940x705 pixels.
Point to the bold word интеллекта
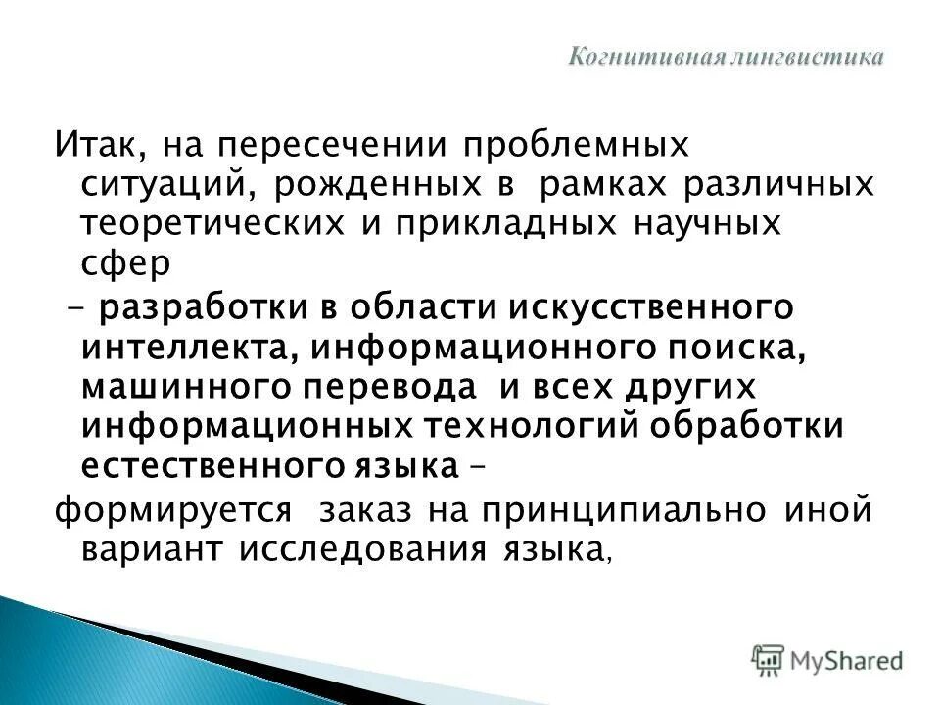pyautogui.click(x=189, y=348)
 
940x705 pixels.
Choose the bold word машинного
pyautogui.click(x=181, y=387)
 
